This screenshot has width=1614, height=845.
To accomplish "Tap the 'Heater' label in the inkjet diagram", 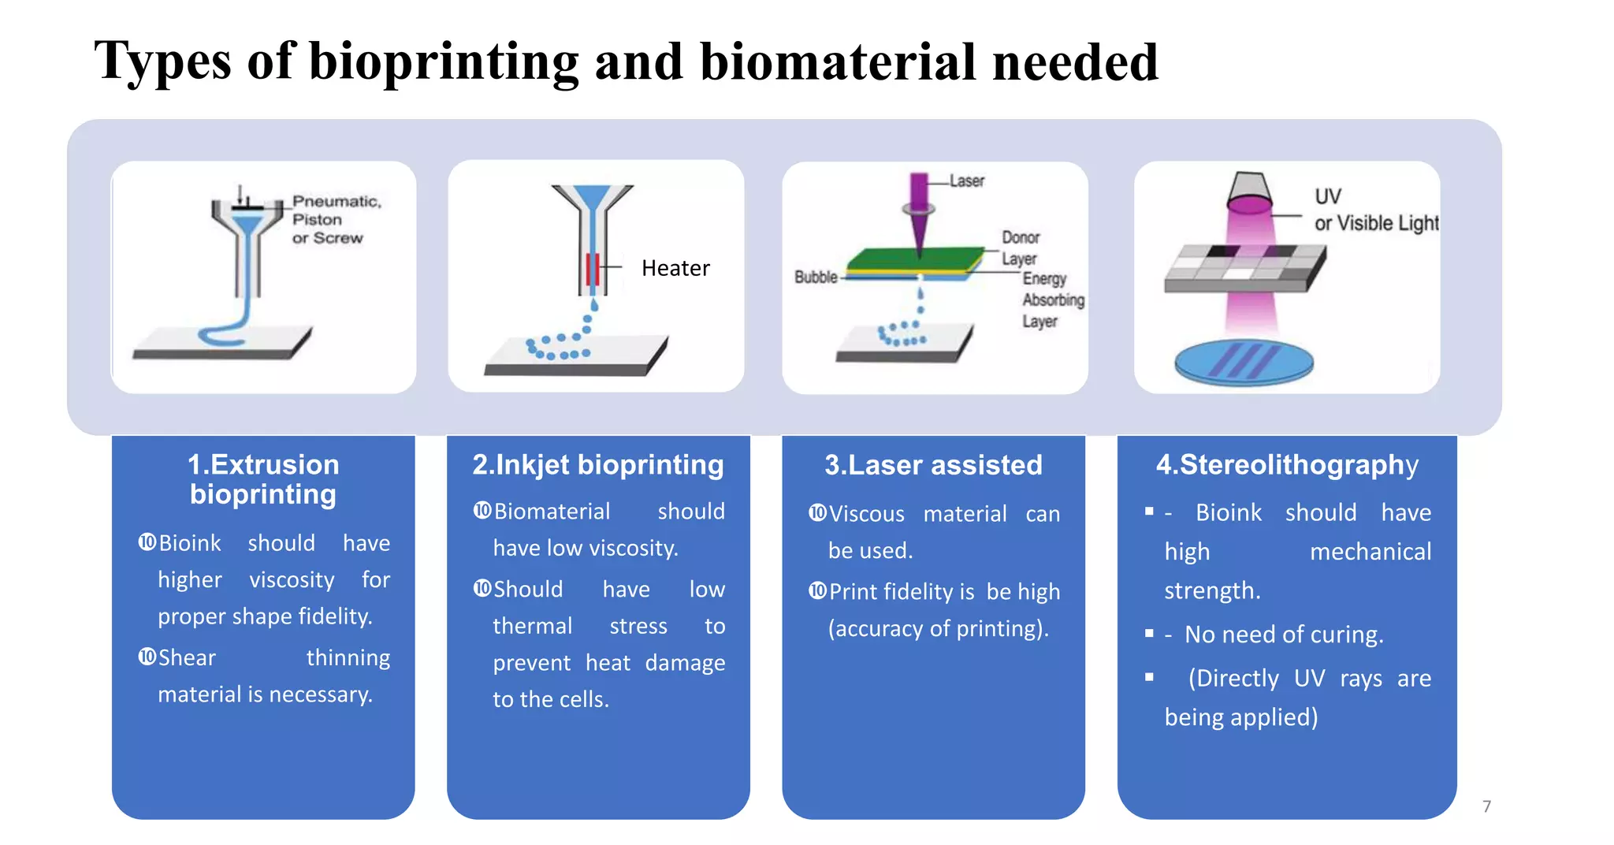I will pyautogui.click(x=675, y=268).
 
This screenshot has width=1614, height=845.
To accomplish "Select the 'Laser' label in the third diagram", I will pyautogui.click(x=966, y=181).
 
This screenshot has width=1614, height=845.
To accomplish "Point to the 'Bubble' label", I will pyautogui.click(x=816, y=277).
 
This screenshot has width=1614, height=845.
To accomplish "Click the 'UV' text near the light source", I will pyautogui.click(x=1328, y=196).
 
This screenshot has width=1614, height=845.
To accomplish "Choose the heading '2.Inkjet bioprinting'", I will pyautogui.click(x=597, y=464).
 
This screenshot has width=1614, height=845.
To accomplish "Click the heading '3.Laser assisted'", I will pyautogui.click(x=933, y=464).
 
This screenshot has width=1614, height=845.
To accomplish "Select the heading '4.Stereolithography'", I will pyautogui.click(x=1287, y=464).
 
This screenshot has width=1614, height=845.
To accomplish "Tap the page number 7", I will pyautogui.click(x=1486, y=806).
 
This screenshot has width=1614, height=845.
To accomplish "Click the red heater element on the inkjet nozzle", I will pyautogui.click(x=593, y=270).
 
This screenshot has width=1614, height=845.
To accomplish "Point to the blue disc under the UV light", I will pyautogui.click(x=1244, y=363).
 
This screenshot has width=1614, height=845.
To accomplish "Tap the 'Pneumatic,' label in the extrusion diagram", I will pyautogui.click(x=337, y=202).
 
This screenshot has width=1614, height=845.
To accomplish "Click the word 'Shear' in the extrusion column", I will pyautogui.click(x=187, y=657).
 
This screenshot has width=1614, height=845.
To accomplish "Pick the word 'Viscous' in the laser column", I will pyautogui.click(x=866, y=514).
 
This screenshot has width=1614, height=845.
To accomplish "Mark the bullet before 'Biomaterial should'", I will pyautogui.click(x=482, y=511).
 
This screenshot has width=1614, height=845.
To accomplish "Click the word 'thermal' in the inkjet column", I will pyautogui.click(x=532, y=626).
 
